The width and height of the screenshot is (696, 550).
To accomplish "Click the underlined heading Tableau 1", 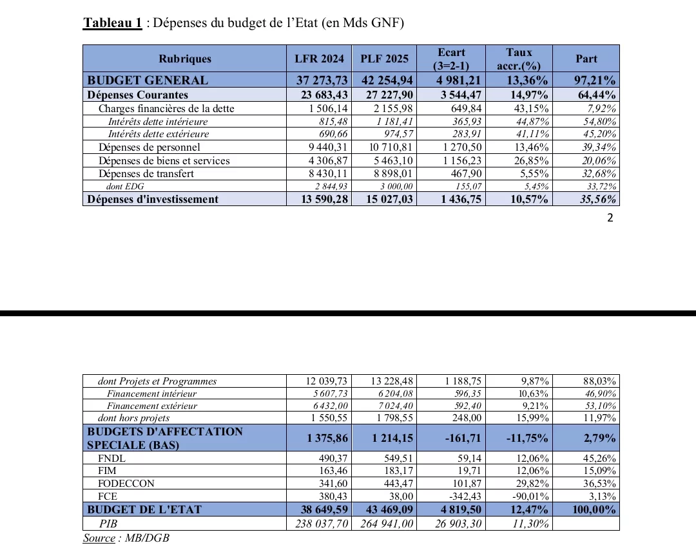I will point(112,23).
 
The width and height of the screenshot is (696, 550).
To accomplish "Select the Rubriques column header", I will point(185,59).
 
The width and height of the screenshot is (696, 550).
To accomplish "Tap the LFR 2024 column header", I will point(318,59).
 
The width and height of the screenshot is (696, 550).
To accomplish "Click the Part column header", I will point(586,59).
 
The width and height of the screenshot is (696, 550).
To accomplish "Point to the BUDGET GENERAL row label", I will point(148,81).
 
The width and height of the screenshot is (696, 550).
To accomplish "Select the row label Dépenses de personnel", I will point(150,147).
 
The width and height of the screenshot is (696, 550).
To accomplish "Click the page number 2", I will point(610,218).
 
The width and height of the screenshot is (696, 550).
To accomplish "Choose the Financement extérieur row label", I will point(152,406).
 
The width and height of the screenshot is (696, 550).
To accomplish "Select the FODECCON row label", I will point(126,483).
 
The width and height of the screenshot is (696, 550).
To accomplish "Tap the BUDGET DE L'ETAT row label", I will point(144,509).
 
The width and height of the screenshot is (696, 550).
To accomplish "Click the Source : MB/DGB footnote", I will point(126,538).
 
